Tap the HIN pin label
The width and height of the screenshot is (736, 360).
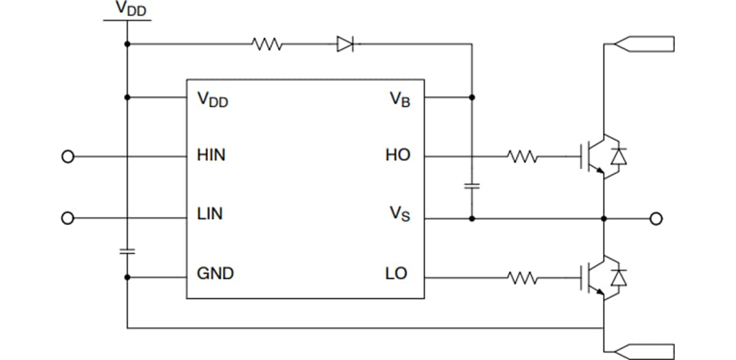[x=211, y=155]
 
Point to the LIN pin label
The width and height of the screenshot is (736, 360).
[x=209, y=214]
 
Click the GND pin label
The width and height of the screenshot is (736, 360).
[x=215, y=274]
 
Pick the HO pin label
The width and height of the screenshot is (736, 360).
[x=397, y=155]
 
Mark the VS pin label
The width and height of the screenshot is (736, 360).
[x=399, y=215]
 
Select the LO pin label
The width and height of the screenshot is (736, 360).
[x=396, y=274]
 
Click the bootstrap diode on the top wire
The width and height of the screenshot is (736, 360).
[x=346, y=45]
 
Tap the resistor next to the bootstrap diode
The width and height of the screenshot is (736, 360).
[x=267, y=45]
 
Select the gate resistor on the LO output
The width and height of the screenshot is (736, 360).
[x=523, y=277]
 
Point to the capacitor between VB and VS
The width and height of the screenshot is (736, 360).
[x=472, y=185]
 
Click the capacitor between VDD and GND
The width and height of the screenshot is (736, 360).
[x=127, y=251]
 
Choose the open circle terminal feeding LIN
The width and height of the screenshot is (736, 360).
[x=67, y=218]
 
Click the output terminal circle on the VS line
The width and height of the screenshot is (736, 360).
[x=656, y=219]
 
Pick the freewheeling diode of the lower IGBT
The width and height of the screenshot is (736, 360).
[x=619, y=277]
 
